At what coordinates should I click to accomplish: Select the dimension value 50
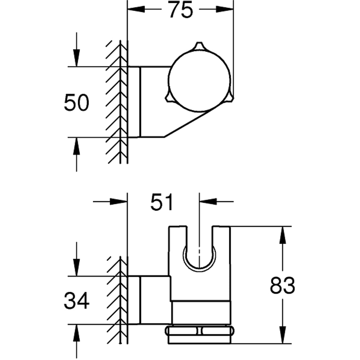click(x=76, y=102)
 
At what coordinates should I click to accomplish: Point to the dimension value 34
click(x=76, y=301)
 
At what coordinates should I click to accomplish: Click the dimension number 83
click(x=283, y=286)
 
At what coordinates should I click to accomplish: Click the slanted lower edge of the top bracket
click(x=187, y=124)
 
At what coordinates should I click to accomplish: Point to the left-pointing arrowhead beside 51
click(x=209, y=202)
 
